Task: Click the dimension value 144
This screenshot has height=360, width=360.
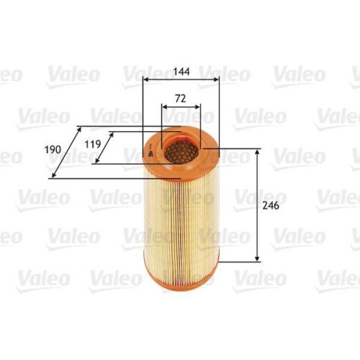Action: click(181, 72)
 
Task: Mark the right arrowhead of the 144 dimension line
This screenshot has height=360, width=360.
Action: click(217, 80)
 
